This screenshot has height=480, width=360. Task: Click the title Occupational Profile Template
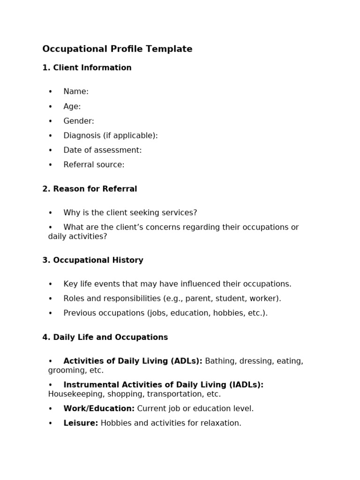click(x=117, y=49)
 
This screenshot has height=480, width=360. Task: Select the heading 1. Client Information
click(x=87, y=68)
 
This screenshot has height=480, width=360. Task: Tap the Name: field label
click(x=76, y=92)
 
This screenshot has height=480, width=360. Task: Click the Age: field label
click(x=72, y=106)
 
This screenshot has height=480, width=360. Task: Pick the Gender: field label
click(x=79, y=121)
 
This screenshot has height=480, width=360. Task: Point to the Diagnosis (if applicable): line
click(x=111, y=135)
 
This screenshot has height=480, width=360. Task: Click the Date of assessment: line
click(x=102, y=150)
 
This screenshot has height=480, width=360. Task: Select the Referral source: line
click(x=94, y=165)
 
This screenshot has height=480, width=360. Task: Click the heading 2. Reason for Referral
click(x=90, y=189)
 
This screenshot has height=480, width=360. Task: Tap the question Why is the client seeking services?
click(x=130, y=213)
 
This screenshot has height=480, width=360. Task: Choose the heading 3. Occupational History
click(x=93, y=260)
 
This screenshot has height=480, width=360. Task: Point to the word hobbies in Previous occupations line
click(x=227, y=313)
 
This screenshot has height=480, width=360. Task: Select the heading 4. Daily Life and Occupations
click(x=105, y=337)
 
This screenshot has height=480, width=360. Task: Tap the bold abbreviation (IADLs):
click(x=246, y=385)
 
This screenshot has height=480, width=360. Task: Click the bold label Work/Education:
click(x=99, y=409)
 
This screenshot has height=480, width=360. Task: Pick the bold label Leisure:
click(x=81, y=423)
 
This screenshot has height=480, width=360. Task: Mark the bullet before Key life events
click(x=51, y=284)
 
